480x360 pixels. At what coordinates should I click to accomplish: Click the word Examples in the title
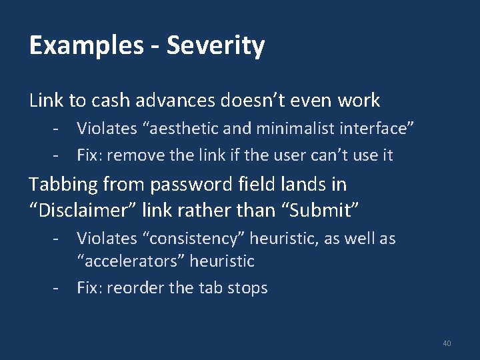tap(85, 46)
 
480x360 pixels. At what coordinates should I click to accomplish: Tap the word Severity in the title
tap(215, 46)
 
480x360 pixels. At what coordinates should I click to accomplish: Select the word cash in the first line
tap(111, 101)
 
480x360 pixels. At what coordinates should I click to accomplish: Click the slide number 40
tap(446, 343)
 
